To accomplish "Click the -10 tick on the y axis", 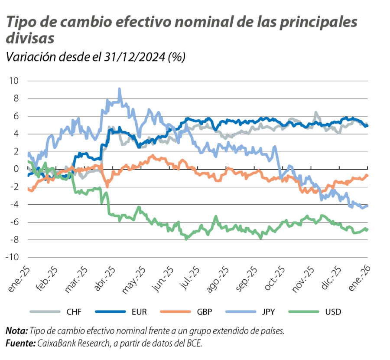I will (x=13, y=258).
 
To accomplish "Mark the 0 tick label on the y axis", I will (x=16, y=169).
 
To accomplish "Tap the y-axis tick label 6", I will (x=16, y=116).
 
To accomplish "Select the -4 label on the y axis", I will (x=14, y=205).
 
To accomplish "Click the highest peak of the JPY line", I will (x=120, y=89).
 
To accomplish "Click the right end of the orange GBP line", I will (x=367, y=175).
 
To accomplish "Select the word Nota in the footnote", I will (x=16, y=331).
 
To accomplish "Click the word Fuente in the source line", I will (x=19, y=343).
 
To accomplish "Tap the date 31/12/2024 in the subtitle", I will (x=136, y=57).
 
